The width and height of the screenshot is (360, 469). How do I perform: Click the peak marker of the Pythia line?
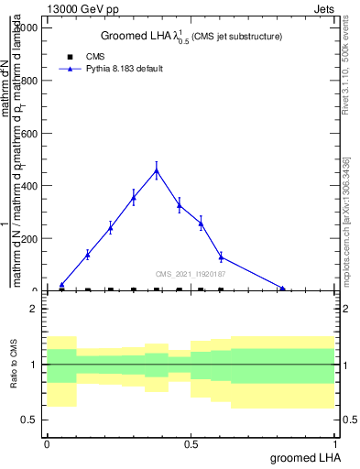click(157, 170)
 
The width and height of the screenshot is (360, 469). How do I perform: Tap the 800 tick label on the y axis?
click(29, 81)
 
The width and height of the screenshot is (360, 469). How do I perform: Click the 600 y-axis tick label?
click(29, 133)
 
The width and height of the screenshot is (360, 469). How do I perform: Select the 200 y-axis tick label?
click(29, 238)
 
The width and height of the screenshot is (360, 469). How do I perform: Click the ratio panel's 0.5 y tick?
click(30, 420)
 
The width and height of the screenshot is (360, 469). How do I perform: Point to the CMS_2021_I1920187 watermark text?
click(191, 274)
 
